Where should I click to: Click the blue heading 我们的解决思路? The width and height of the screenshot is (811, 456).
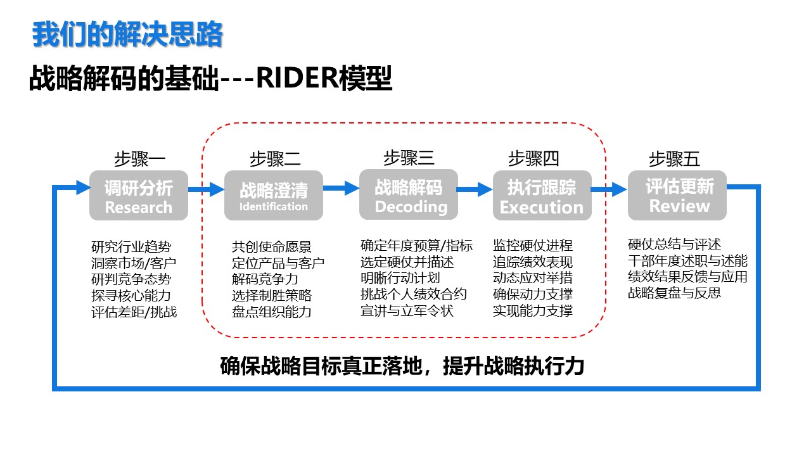pos(127,34)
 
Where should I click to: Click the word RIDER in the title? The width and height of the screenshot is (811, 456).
pos(298,78)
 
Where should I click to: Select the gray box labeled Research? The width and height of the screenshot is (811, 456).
pos(139,196)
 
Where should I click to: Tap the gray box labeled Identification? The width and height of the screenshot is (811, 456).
pos(274,196)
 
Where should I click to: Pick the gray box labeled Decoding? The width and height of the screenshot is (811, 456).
pos(409,194)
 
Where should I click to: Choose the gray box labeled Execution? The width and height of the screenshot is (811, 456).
pos(542,196)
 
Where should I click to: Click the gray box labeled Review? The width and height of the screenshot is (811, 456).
pos(677,196)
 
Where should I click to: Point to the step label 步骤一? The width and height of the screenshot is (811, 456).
pos(140,159)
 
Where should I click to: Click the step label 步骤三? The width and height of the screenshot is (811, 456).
pos(409,158)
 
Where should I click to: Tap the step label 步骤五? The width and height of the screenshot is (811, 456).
pos(674,159)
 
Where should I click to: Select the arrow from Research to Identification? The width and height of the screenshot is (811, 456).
pos(207,189)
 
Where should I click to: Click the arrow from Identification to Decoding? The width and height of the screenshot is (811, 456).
pos(341,188)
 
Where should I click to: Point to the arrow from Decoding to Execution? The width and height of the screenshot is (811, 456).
pos(475,189)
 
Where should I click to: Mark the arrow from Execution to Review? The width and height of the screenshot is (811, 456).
pos(609,189)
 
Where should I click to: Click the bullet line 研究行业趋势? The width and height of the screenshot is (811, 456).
pos(131,247)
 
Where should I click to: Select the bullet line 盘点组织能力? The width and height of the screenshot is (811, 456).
pos(272,312)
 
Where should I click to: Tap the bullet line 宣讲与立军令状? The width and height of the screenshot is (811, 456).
pos(407,310)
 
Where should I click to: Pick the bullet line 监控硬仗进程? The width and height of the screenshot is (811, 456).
pos(533,245)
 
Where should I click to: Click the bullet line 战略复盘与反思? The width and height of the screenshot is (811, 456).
pos(674,293)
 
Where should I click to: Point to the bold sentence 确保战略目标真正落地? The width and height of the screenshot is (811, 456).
pos(321,366)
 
